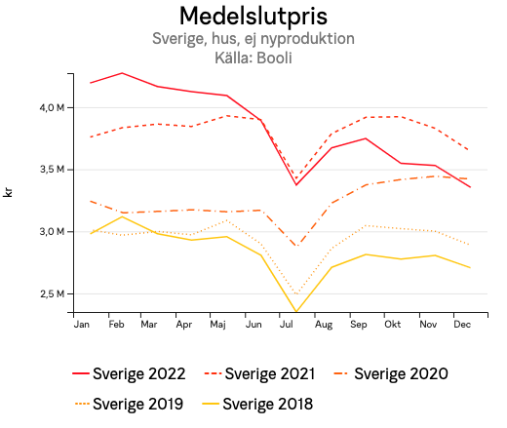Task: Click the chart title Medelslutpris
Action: (253, 17)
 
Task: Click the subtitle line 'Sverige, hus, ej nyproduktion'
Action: (253, 39)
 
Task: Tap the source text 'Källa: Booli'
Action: (253, 58)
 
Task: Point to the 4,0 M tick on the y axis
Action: (52, 107)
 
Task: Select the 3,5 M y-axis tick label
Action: (52, 170)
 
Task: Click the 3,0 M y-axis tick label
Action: (52, 232)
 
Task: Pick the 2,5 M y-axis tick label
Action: (52, 294)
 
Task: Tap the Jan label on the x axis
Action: (82, 324)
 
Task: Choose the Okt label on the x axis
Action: (392, 324)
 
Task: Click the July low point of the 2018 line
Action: (296, 312)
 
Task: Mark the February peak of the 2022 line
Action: (122, 73)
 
